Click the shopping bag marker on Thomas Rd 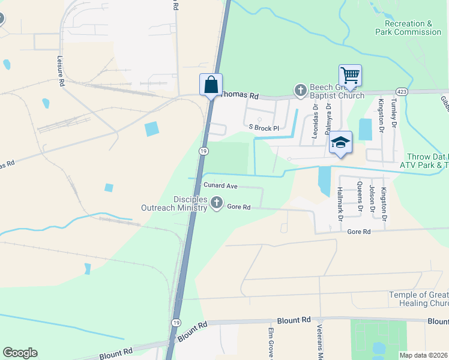pos(211,85)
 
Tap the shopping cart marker pos(350,76)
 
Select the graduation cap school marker pos(340,143)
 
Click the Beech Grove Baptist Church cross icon pos(301,91)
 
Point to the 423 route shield pos(402,92)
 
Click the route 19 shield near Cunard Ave pos(203,152)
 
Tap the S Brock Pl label pos(264,128)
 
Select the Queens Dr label pos(360,197)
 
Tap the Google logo pos(20,353)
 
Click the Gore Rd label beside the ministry pos(238,207)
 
